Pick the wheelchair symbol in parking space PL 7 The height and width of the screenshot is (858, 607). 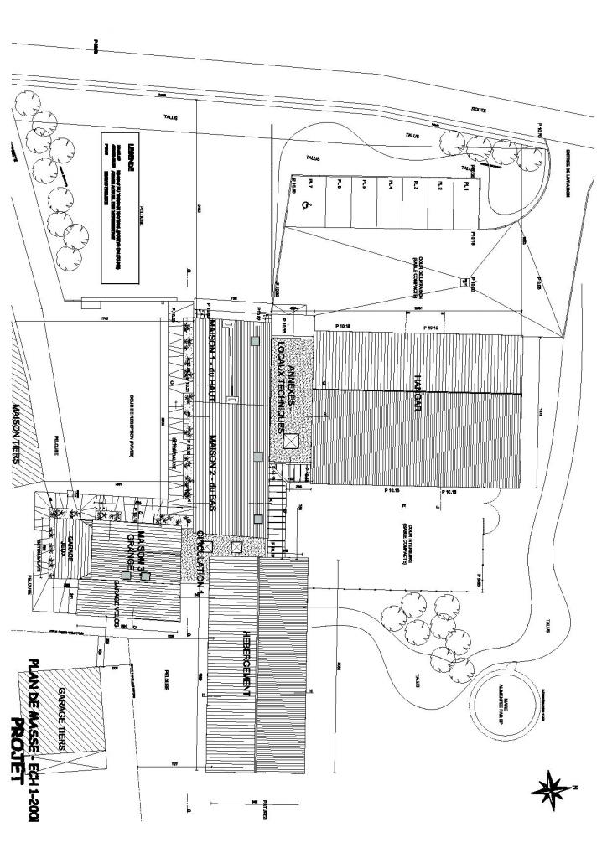pyautogui.click(x=303, y=213)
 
